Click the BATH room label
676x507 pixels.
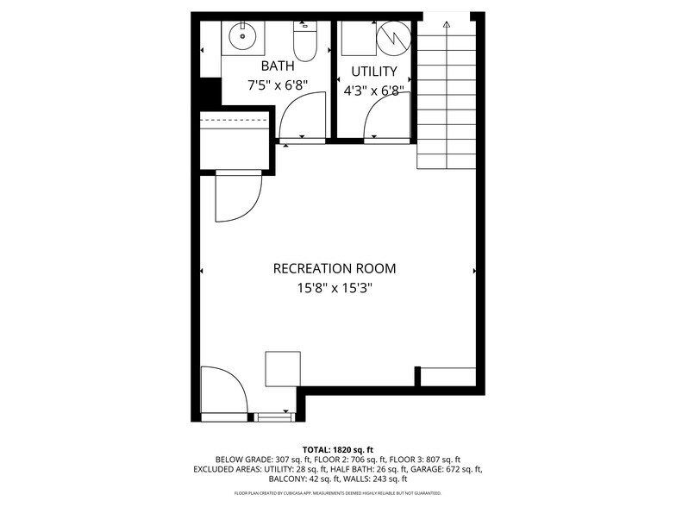click(x=278, y=66)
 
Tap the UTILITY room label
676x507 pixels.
click(x=373, y=72)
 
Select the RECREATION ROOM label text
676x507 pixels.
click(x=335, y=268)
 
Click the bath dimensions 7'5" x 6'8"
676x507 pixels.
click(x=278, y=86)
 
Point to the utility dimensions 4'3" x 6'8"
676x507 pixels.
click(x=373, y=91)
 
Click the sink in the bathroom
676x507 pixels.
click(x=243, y=36)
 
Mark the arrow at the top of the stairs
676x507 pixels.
click(x=446, y=26)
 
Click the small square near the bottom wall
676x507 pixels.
click(x=283, y=368)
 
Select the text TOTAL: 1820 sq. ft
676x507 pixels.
click(x=337, y=449)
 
